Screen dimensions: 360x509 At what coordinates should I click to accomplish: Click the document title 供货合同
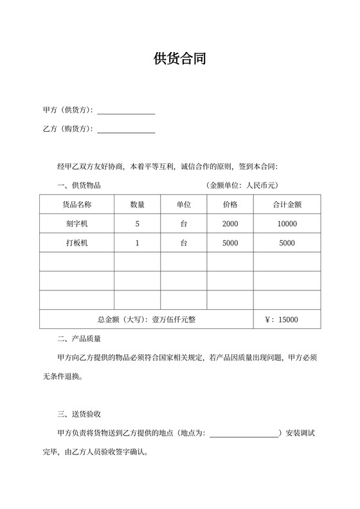coord(179,60)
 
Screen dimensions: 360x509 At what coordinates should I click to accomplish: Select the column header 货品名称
coord(76,205)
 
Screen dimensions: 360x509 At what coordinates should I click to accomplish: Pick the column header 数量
coord(138,205)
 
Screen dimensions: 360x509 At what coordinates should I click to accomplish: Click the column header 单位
coord(184,205)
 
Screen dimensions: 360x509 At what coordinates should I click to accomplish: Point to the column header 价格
coord(230,205)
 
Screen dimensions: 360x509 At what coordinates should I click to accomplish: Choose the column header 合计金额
coord(287,205)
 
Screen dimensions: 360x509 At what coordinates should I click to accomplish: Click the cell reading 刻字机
coord(76,224)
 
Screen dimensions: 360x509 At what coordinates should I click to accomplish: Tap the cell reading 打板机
coord(76,243)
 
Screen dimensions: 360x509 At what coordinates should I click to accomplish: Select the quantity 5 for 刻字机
coord(138,224)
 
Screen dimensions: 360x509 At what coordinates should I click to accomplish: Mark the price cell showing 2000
coord(230,224)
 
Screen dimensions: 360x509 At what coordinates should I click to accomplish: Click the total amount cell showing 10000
coord(287,224)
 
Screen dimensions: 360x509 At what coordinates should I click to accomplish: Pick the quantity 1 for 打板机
coord(138,243)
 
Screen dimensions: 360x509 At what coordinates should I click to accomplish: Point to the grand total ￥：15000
coord(282,319)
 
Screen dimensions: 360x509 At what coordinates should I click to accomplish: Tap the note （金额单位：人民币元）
coord(241,186)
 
